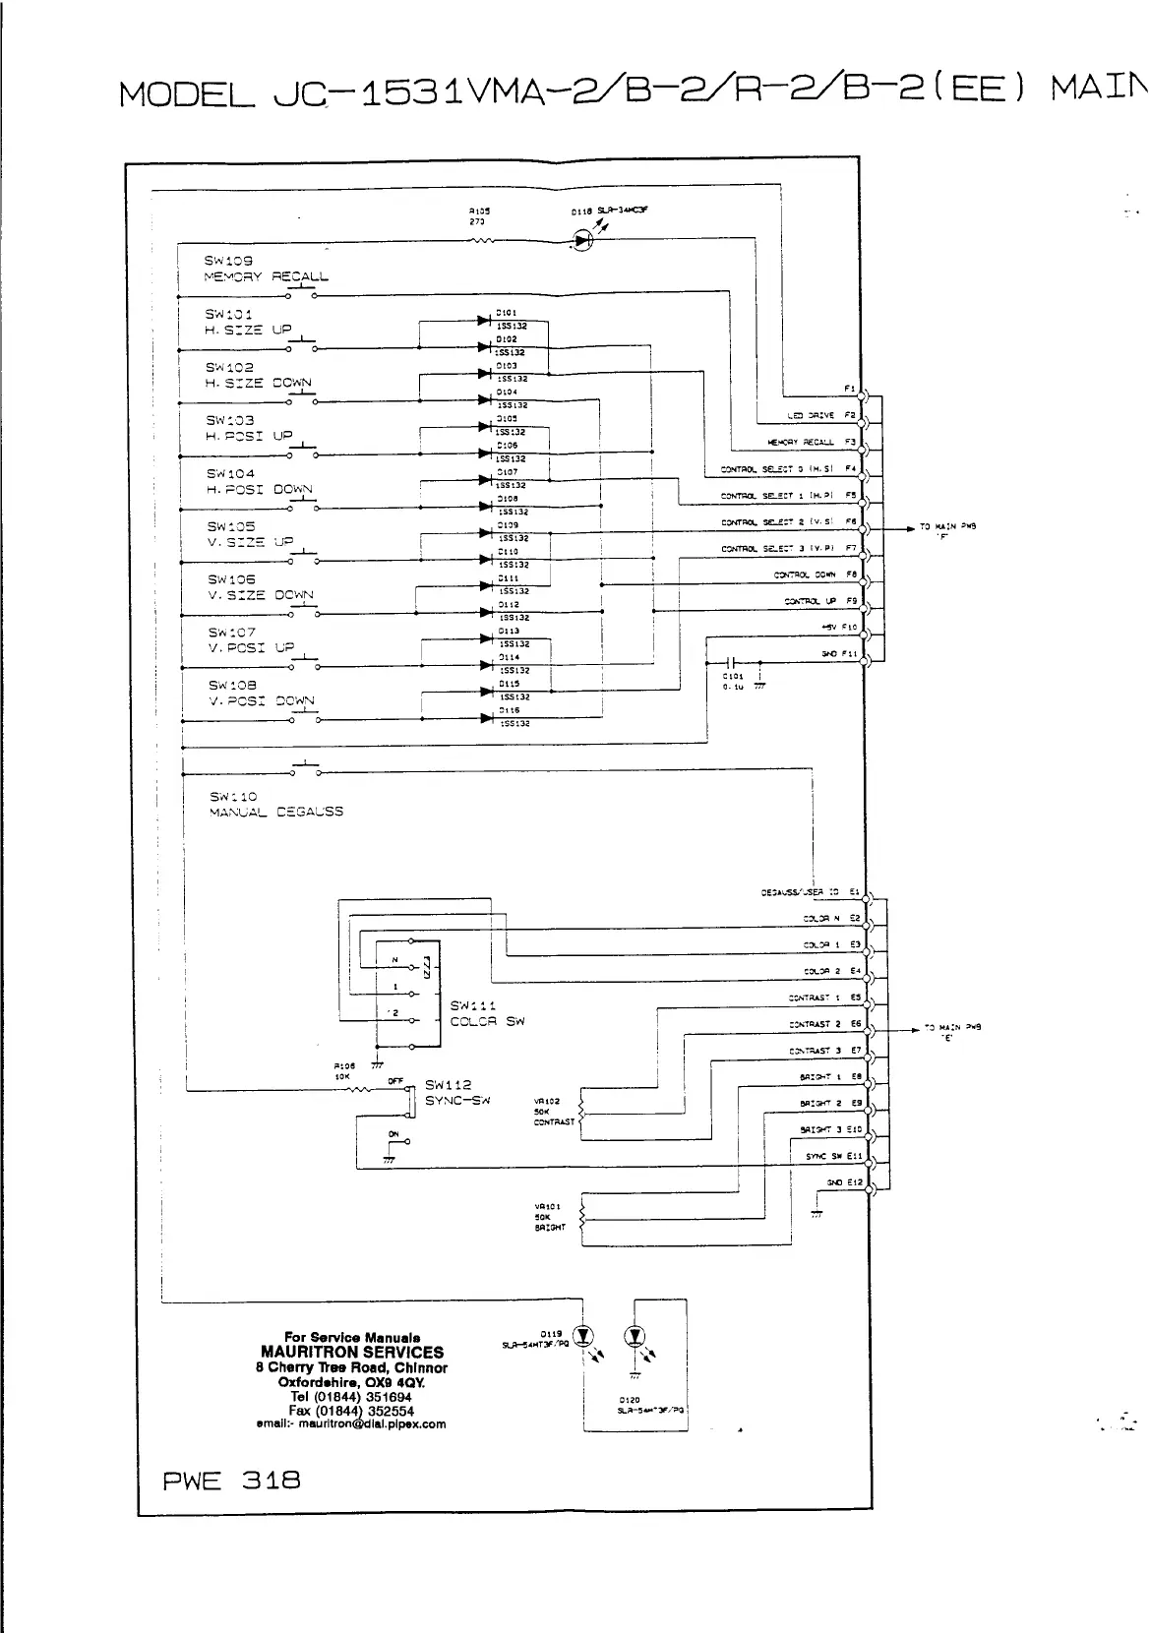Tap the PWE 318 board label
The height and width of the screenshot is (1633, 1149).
(230, 1480)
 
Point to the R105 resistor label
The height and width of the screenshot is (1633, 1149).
(479, 215)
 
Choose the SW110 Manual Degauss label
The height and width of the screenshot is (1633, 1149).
(275, 805)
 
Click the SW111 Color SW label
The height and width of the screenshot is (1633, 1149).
(487, 1013)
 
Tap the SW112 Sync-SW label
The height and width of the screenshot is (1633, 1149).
(456, 1092)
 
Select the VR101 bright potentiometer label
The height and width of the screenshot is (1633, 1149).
(548, 1217)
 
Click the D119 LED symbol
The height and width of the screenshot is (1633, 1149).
(584, 1336)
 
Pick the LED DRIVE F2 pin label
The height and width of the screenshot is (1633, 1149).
(822, 416)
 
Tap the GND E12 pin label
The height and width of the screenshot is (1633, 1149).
(845, 1182)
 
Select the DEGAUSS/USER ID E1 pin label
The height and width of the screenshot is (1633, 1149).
(812, 892)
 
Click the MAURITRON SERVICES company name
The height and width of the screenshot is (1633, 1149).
(351, 1352)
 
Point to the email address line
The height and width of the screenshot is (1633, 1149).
(351, 1423)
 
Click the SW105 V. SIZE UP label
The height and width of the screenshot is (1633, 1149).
(250, 534)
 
